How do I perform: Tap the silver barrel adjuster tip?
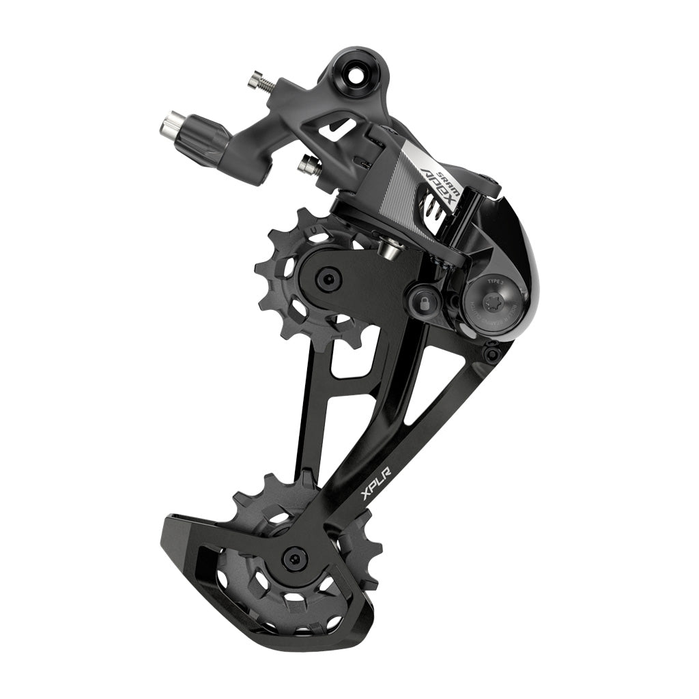(x=171, y=125)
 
